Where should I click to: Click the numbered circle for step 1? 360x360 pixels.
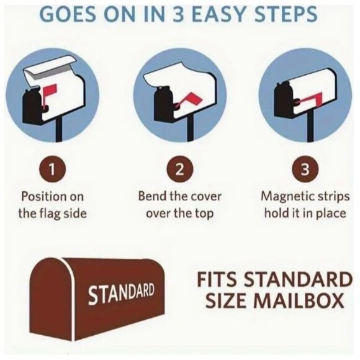(53, 169)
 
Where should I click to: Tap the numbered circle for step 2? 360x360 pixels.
(180, 169)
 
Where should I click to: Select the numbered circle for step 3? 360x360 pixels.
(305, 169)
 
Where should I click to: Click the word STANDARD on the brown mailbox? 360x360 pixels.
(121, 293)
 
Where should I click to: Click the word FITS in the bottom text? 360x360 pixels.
(217, 279)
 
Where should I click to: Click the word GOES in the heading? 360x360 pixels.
(68, 14)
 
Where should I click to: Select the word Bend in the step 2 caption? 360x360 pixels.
(152, 196)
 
